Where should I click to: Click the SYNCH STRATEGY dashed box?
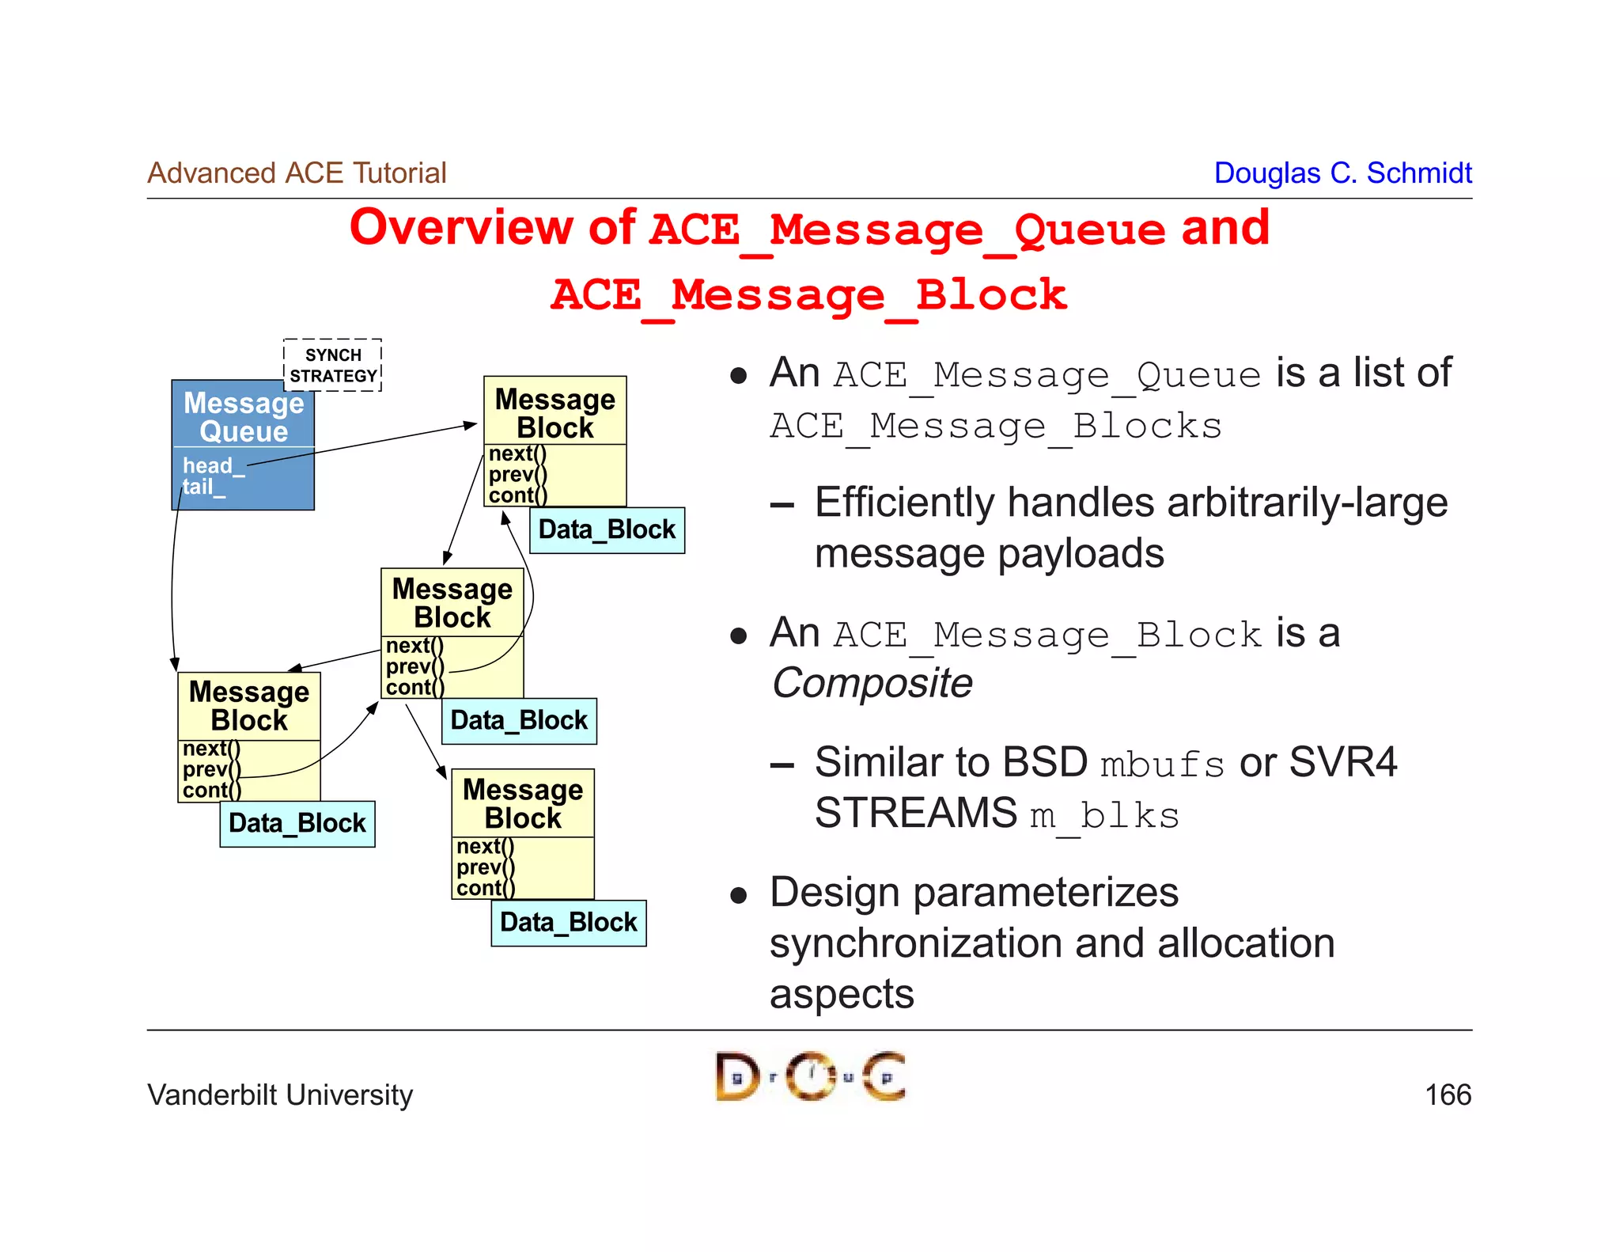pos(332,365)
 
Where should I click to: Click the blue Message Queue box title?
pos(244,416)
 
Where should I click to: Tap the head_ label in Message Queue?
pos(208,465)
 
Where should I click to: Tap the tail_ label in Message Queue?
pos(199,487)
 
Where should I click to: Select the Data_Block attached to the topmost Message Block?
pos(607,529)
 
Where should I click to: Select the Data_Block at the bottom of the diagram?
pos(568,923)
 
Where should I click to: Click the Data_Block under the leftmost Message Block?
pos(297,823)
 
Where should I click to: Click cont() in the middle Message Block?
pos(414,687)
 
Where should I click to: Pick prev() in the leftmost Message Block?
pos(210,769)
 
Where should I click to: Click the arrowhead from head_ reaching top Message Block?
pos(471,426)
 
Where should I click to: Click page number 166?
pos(1447,1095)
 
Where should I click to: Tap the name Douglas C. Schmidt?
pos(1342,173)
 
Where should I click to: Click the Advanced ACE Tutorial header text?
pos(297,173)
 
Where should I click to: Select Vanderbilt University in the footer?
pos(280,1095)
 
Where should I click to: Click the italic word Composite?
pos(872,683)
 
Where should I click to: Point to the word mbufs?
pos(1161,765)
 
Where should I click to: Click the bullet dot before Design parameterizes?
pos(739,896)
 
